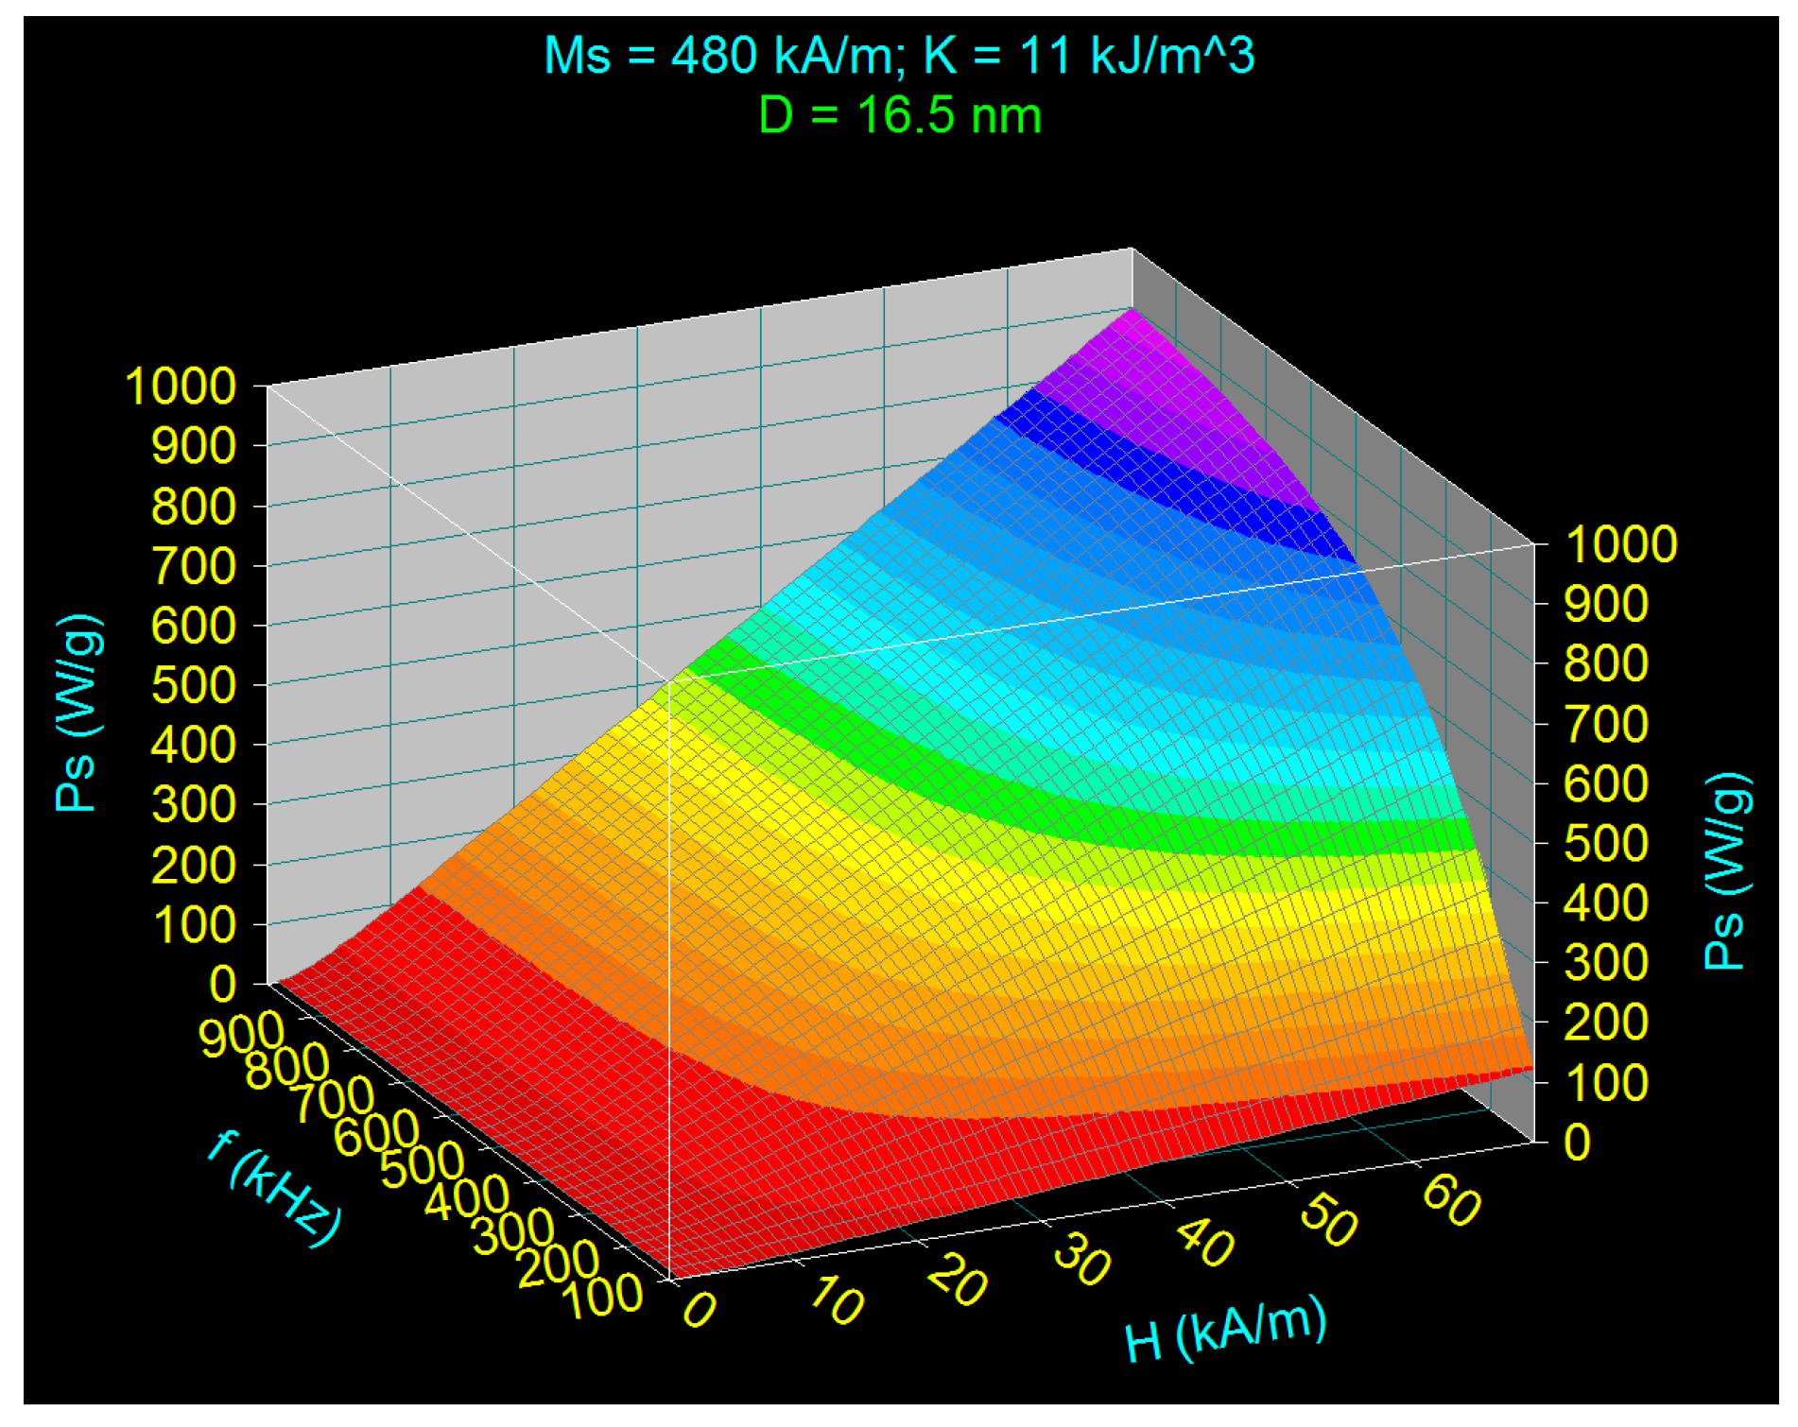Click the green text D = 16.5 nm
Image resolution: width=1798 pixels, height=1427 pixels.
(x=899, y=116)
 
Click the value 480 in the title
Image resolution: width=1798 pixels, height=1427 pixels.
(x=714, y=55)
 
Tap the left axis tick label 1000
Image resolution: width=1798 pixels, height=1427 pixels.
(x=180, y=387)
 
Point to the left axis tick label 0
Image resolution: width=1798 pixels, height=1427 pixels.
(x=223, y=985)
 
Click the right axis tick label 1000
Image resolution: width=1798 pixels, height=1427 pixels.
(x=1620, y=544)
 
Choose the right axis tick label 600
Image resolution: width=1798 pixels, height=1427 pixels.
(x=1605, y=783)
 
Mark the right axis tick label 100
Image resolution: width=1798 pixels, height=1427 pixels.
(x=1605, y=1082)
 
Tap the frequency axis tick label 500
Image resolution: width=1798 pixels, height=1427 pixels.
(x=422, y=1164)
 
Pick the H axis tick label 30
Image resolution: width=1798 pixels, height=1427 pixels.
(x=1081, y=1263)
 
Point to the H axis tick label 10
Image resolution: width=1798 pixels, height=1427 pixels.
(x=836, y=1302)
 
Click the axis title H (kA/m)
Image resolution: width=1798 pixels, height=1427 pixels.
(x=1225, y=1330)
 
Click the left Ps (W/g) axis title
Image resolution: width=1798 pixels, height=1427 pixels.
(x=78, y=713)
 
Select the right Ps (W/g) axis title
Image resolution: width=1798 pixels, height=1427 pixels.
(x=1726, y=871)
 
